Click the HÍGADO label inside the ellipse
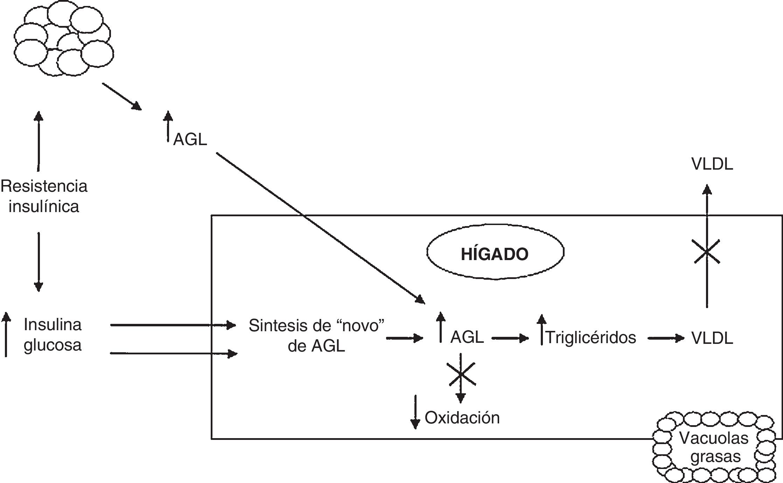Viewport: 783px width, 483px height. (495, 254)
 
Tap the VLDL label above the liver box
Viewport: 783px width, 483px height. (712, 164)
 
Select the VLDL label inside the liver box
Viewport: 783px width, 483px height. (712, 339)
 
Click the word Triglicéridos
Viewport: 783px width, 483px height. (591, 338)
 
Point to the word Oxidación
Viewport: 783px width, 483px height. (462, 417)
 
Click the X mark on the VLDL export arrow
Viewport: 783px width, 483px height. (707, 251)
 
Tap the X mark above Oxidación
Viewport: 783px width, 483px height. (461, 374)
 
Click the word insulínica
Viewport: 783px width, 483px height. (44, 206)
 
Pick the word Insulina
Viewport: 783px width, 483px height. (53, 325)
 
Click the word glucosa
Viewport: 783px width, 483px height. (53, 345)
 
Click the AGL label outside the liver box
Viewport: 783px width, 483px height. (190, 140)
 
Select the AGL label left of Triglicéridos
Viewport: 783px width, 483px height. (467, 337)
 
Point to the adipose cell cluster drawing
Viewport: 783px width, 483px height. (63, 39)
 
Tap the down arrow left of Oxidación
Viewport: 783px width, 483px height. (415, 412)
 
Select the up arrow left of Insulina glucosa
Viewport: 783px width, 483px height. (6, 335)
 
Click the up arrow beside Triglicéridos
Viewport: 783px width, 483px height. (541, 329)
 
